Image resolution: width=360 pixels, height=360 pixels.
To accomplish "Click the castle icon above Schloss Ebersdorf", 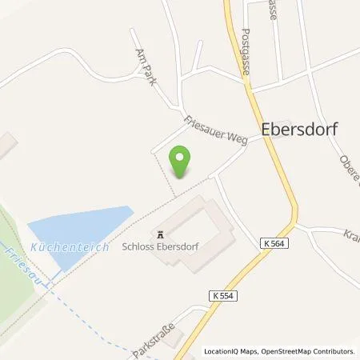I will tap(161, 234).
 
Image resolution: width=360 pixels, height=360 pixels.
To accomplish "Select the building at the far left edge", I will tap(6, 145).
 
